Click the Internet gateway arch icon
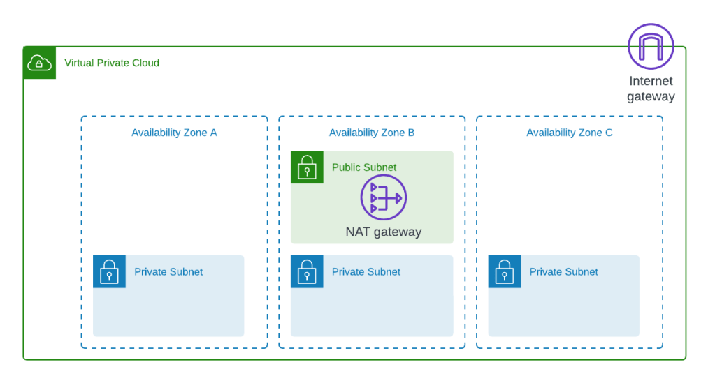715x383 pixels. (x=651, y=46)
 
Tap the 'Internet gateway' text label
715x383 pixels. (x=651, y=89)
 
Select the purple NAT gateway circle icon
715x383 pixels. (x=383, y=197)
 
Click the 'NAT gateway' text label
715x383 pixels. (x=383, y=232)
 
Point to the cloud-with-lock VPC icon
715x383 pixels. (x=40, y=63)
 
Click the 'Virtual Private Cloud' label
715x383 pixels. (x=112, y=63)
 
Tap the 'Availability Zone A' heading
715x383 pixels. (x=175, y=133)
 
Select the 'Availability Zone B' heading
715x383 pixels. (x=373, y=133)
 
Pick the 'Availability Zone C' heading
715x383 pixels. (x=570, y=133)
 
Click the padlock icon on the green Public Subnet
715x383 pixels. (x=307, y=167)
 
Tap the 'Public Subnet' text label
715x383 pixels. (x=363, y=167)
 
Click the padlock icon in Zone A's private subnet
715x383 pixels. (x=110, y=272)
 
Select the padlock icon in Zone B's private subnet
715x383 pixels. (x=307, y=272)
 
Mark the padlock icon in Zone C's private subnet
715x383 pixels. (x=504, y=272)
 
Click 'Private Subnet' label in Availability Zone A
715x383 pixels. (x=168, y=272)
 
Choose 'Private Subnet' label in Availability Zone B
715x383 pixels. (x=366, y=272)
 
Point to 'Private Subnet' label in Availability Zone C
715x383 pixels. (x=563, y=272)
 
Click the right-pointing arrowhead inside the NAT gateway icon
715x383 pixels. (x=399, y=197)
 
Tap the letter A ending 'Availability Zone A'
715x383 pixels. (x=214, y=133)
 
